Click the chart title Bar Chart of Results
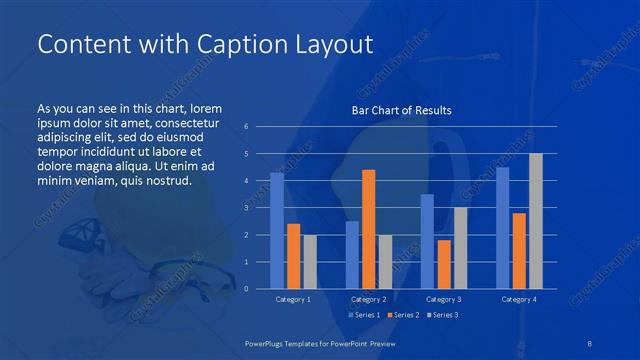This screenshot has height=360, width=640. pos(401,110)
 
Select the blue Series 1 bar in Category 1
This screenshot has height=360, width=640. pos(277,230)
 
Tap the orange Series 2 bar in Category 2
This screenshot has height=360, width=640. pos(368,229)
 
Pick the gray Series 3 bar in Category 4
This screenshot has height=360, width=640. pos(535,221)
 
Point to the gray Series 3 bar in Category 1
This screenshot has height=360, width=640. pos(309,261)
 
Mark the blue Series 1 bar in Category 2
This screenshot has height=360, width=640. pos(352,254)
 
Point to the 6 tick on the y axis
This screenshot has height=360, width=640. pos(246,127)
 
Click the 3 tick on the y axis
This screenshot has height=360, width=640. pos(246,208)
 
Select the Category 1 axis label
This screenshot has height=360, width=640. pos(293,299)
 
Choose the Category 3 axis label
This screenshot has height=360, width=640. pos(443,299)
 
